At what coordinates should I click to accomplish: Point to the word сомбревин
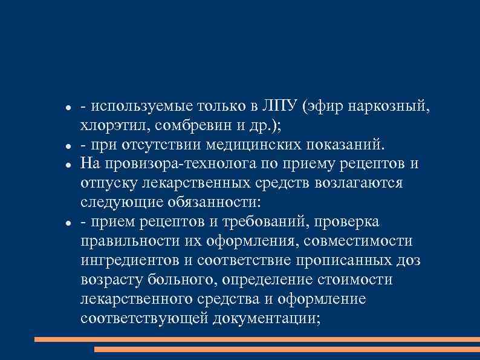pos(186,126)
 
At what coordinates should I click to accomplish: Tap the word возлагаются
pos(363,184)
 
